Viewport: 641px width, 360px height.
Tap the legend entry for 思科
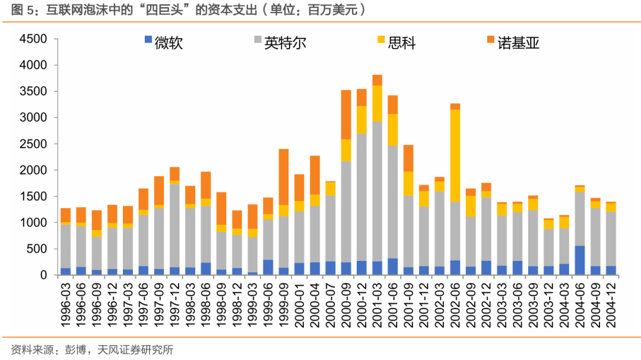401,42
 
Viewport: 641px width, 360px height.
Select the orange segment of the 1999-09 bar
284,177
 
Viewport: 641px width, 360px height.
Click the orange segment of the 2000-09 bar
346,114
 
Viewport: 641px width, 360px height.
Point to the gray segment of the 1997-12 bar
174,225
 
